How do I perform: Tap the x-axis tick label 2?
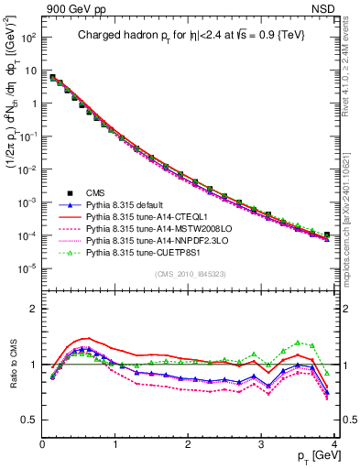[189, 444]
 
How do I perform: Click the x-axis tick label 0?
[43, 444]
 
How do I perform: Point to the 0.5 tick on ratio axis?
[30, 420]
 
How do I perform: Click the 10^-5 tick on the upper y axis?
[27, 268]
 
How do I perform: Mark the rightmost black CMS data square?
[327, 234]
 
